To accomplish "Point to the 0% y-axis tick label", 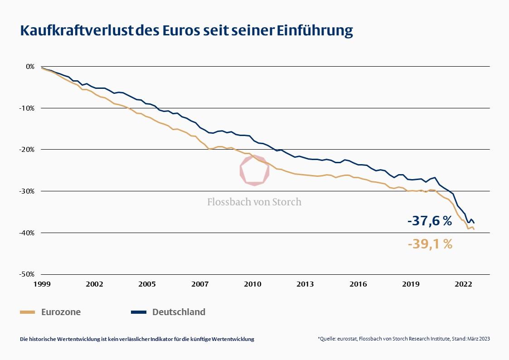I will [x=30, y=66].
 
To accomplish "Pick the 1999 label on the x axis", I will [x=41, y=284].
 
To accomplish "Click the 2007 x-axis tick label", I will [x=200, y=284].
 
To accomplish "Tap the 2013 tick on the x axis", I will [x=305, y=284].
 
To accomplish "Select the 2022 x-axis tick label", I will [x=464, y=284].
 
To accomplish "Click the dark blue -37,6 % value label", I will [x=430, y=221].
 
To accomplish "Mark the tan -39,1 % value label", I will [x=430, y=244].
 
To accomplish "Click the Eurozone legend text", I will [x=61, y=312].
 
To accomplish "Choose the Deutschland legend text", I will [x=179, y=312].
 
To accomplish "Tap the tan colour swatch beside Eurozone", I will [x=28, y=312].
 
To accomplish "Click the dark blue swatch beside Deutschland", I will [x=139, y=312].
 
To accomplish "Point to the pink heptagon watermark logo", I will [x=254, y=171].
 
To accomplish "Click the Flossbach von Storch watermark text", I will [x=254, y=202].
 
